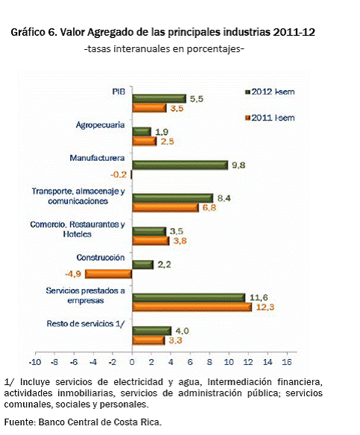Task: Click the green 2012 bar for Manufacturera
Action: (x=180, y=165)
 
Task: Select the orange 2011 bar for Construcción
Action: (x=108, y=274)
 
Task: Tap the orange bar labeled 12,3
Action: (x=192, y=307)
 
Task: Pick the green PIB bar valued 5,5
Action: (x=159, y=99)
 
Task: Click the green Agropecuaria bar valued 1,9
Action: (x=142, y=132)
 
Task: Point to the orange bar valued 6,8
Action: (x=165, y=208)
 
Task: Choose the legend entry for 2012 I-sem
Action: (x=270, y=92)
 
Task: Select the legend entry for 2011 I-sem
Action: (x=270, y=118)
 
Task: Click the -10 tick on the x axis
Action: (x=35, y=362)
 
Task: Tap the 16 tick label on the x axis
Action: (x=287, y=362)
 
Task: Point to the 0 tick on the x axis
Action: (x=132, y=362)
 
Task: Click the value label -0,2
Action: (x=119, y=175)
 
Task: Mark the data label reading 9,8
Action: (x=239, y=165)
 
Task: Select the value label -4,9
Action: (x=73, y=274)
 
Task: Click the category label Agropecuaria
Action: (x=100, y=125)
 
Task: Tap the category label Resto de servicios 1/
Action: (x=86, y=324)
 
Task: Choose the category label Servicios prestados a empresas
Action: (x=86, y=296)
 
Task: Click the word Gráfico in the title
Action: (x=28, y=33)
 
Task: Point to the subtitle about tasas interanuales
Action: (x=164, y=49)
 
